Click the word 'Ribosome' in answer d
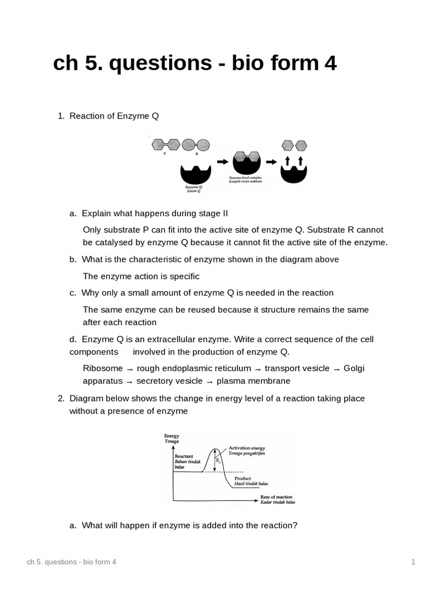pos(102,368)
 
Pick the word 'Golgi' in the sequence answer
pos(354,368)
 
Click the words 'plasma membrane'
pos(254,381)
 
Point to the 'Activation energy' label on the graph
pos(247,448)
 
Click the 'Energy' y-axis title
pos(172,436)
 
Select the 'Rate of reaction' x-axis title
pos(276,496)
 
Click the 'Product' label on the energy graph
pos(243,478)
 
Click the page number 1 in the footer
pos(413,561)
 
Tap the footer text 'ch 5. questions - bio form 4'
pos(71,561)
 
